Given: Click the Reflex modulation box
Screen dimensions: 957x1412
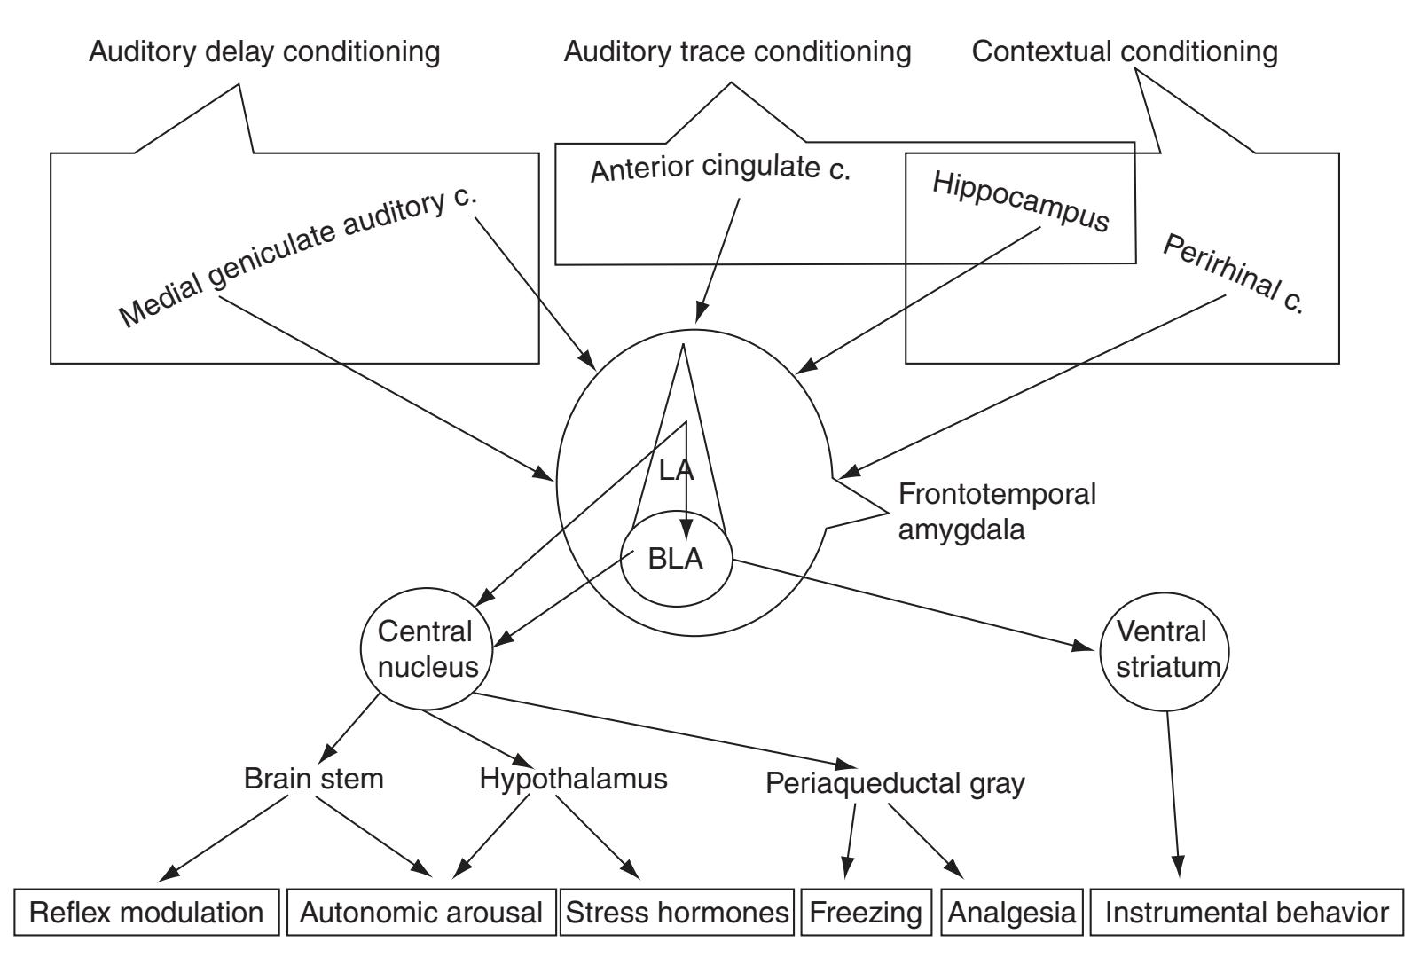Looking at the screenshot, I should pyautogui.click(x=147, y=913).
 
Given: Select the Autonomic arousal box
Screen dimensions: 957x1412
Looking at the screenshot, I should pyautogui.click(x=421, y=913).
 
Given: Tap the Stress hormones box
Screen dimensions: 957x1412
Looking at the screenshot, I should pyautogui.click(x=677, y=913).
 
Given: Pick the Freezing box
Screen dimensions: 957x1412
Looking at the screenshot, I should pyautogui.click(x=865, y=913).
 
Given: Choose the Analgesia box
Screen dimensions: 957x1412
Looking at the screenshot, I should pyautogui.click(x=1012, y=913).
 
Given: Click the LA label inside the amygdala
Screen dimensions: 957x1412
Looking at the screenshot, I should pyautogui.click(x=675, y=470).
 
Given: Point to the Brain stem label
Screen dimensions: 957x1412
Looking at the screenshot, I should pyautogui.click(x=314, y=779).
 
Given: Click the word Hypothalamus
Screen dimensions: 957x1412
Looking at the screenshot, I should pyautogui.click(x=573, y=779).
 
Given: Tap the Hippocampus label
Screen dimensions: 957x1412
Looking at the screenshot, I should pyautogui.click(x=1021, y=202).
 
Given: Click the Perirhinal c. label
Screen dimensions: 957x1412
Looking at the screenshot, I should pyautogui.click(x=1234, y=275).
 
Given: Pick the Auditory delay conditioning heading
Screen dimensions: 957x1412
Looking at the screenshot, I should pyautogui.click(x=264, y=51).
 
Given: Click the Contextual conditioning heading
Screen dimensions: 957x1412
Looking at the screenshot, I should pyautogui.click(x=1125, y=51).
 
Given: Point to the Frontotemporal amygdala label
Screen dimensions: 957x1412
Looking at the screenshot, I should pyautogui.click(x=997, y=512).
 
